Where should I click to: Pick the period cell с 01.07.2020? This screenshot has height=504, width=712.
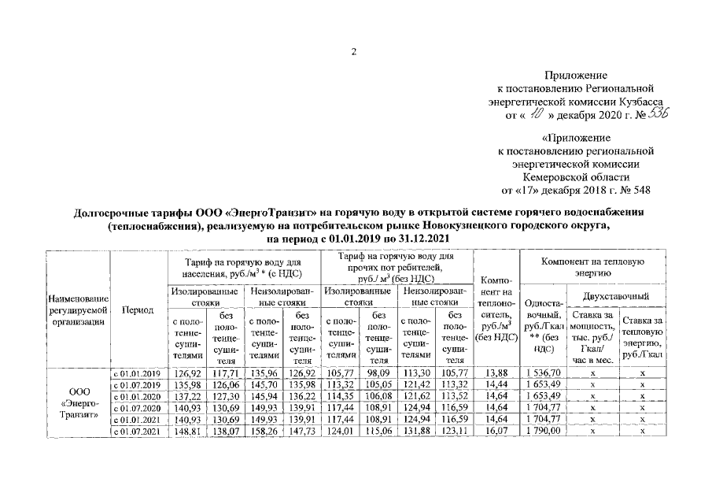pyautogui.click(x=137, y=408)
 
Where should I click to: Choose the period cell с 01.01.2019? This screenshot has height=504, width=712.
pyautogui.click(x=137, y=372)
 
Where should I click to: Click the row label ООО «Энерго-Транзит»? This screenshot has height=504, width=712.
pyautogui.click(x=79, y=402)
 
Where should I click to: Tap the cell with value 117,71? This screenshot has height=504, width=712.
pyautogui.click(x=223, y=372)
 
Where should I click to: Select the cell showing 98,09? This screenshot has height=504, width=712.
pyautogui.click(x=377, y=372)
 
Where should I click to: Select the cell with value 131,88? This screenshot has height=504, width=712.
pyautogui.click(x=415, y=432)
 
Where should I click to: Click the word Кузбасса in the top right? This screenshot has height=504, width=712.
pyautogui.click(x=638, y=102)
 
